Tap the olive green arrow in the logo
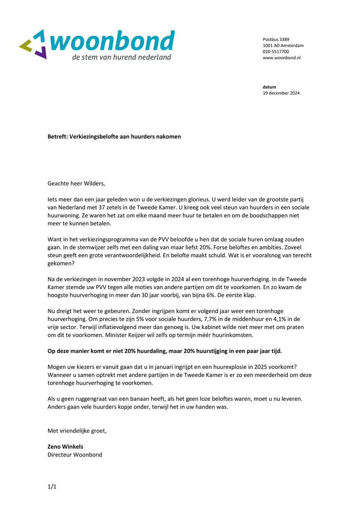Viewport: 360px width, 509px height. (x=26, y=45)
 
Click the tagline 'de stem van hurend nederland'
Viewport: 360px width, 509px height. (x=121, y=57)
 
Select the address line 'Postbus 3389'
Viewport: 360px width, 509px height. (x=276, y=39)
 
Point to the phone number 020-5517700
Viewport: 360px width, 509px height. (x=276, y=51)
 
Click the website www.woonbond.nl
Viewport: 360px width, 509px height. (x=282, y=57)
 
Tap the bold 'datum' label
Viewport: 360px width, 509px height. (x=269, y=87)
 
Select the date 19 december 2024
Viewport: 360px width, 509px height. (x=281, y=93)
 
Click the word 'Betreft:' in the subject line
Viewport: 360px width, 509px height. (x=58, y=137)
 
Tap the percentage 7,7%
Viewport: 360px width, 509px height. (x=210, y=319)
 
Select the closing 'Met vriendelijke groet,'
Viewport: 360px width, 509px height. (x=77, y=431)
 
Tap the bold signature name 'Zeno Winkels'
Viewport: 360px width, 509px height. (x=65, y=447)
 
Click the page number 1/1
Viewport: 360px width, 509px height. (x=52, y=487)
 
